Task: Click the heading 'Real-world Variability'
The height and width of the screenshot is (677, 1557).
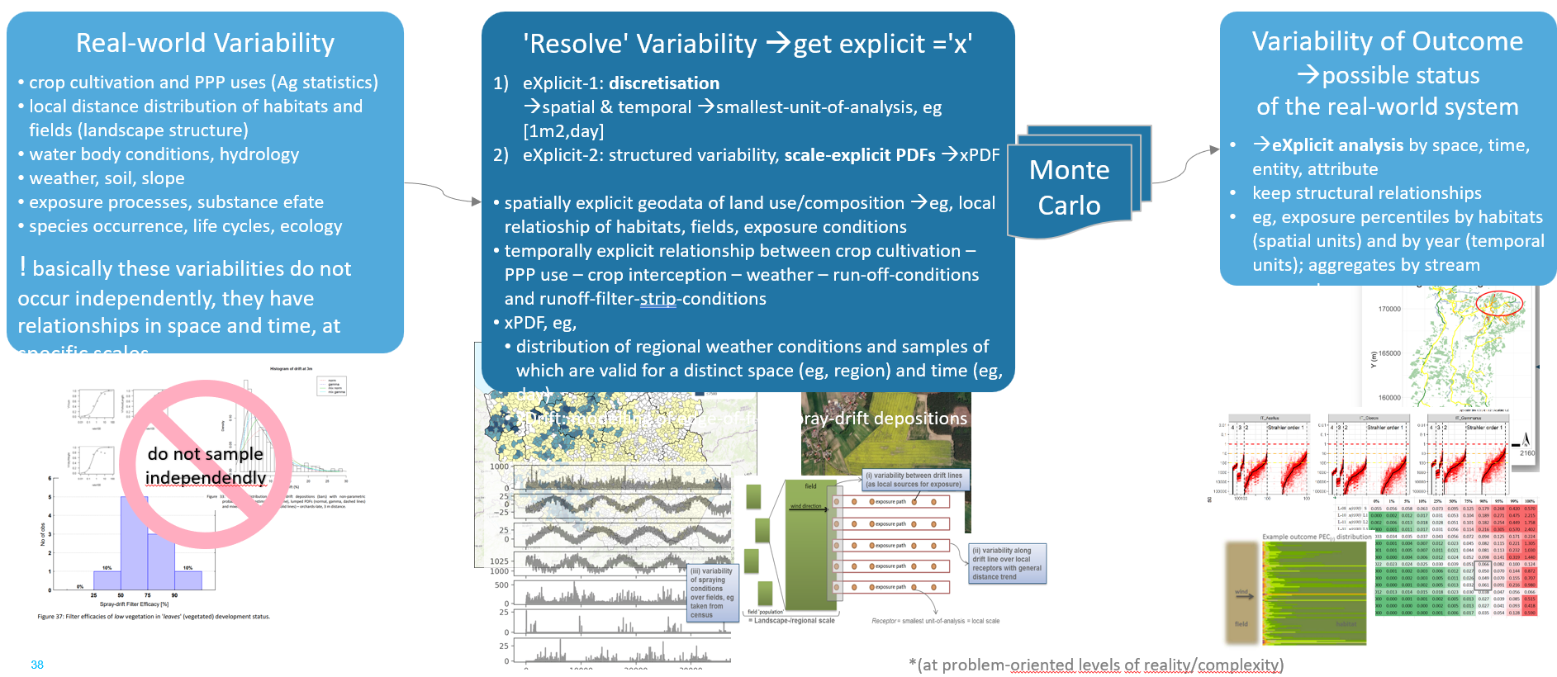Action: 205,43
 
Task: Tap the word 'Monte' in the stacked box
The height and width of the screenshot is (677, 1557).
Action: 1069,170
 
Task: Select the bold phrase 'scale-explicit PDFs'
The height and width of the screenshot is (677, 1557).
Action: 859,155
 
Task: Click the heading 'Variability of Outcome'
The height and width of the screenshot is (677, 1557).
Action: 1387,41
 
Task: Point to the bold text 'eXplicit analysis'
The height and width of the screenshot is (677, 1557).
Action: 1337,145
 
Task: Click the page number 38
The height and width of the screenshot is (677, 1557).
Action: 37,665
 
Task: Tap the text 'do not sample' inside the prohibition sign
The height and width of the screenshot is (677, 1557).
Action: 205,454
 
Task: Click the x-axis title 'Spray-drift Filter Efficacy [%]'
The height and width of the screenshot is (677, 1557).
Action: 134,604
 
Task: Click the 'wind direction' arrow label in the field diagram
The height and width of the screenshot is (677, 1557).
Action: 806,506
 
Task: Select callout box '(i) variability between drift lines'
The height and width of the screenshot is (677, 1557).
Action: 914,480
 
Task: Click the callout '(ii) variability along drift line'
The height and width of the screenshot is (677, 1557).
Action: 1006,563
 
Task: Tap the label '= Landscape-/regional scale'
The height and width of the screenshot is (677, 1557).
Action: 791,621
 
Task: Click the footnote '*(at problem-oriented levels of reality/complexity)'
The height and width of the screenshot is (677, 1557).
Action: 1096,665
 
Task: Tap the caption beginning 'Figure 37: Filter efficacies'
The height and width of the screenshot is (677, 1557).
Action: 154,617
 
